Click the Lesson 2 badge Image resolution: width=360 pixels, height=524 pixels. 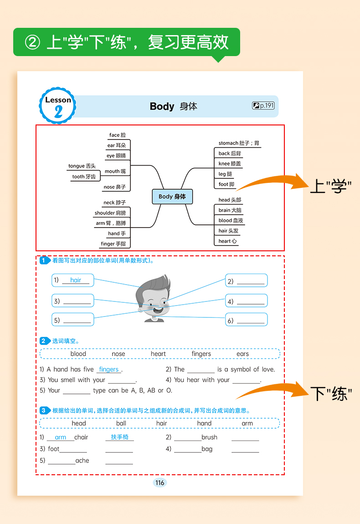point(58,106)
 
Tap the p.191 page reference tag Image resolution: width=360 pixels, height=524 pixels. point(263,106)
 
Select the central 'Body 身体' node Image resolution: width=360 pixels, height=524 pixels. point(172,197)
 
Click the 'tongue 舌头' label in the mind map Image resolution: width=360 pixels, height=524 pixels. point(82,166)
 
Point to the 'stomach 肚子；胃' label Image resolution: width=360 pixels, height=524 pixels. point(239,143)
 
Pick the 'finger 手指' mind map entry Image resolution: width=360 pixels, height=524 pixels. point(113,244)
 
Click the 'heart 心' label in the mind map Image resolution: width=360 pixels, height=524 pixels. point(227,241)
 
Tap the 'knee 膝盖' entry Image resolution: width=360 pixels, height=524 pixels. point(230,164)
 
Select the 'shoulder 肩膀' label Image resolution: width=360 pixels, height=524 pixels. point(110,213)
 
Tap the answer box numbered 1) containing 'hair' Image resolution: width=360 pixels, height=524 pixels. point(72,280)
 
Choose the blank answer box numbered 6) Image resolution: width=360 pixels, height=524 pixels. point(246,320)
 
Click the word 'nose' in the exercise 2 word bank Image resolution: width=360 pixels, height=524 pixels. point(118,354)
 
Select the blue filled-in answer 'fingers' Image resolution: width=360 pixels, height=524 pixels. point(108,369)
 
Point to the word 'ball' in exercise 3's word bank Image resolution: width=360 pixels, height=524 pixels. point(121,423)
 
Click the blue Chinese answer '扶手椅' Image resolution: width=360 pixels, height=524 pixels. point(120,437)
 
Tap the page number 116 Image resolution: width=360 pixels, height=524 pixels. point(159,483)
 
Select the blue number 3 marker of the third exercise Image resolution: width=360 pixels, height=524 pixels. point(43,410)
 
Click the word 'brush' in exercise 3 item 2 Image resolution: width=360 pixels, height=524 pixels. point(210,437)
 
